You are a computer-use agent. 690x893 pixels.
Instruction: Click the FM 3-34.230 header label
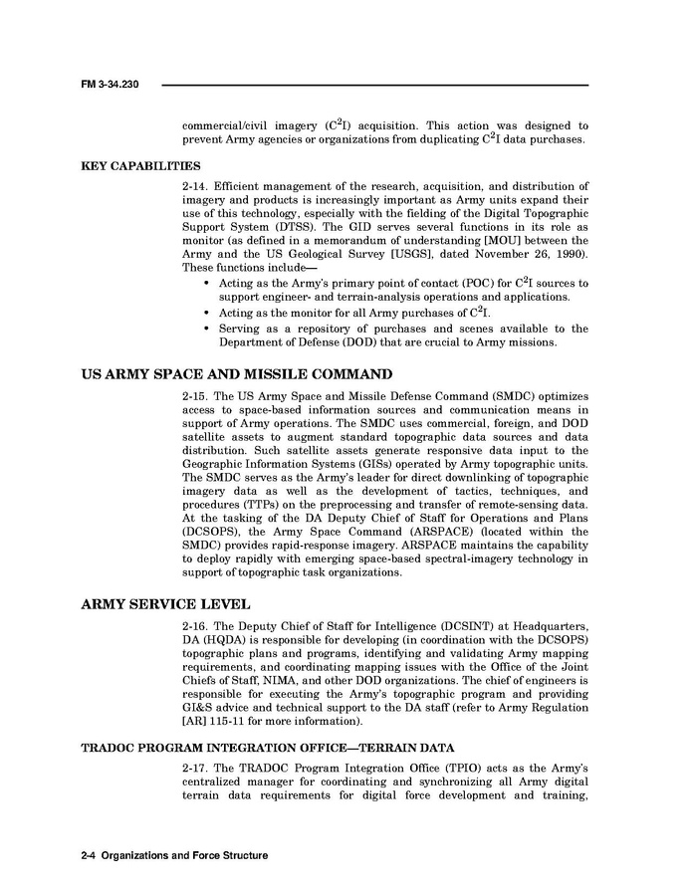click(x=111, y=85)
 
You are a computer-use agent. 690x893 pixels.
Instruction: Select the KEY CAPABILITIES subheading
click(x=140, y=165)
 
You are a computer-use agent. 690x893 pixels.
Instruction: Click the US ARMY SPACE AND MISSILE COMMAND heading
click(x=236, y=374)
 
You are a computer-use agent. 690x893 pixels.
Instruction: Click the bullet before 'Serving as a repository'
click(x=205, y=330)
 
